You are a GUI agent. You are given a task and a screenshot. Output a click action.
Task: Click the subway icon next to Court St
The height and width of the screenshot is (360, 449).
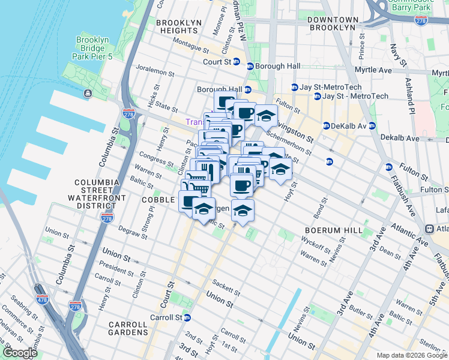click(237, 62)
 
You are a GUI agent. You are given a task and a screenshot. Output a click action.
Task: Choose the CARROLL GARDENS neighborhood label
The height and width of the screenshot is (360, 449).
click(128, 328)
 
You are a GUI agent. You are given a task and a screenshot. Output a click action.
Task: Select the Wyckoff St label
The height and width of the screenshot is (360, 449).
click(315, 246)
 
